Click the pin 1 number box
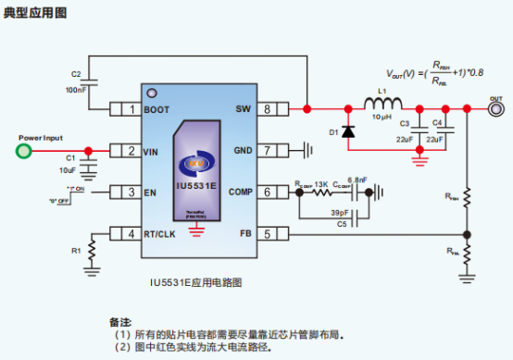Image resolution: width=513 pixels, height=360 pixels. coord(131,109)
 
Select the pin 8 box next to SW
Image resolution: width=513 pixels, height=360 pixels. coord(268,109)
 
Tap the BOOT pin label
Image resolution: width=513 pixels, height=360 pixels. coord(157,109)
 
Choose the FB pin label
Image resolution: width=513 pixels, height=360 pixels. coord(245,233)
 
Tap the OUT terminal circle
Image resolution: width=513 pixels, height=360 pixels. coord(496,109)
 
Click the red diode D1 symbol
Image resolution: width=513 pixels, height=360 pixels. coord(347,132)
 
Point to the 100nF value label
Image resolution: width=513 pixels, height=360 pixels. coord(77,90)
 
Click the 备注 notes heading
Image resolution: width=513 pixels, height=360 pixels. coord(119,320)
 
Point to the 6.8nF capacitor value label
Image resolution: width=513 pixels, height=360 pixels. coord(357,179)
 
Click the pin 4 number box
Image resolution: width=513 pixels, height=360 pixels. coord(131,233)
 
